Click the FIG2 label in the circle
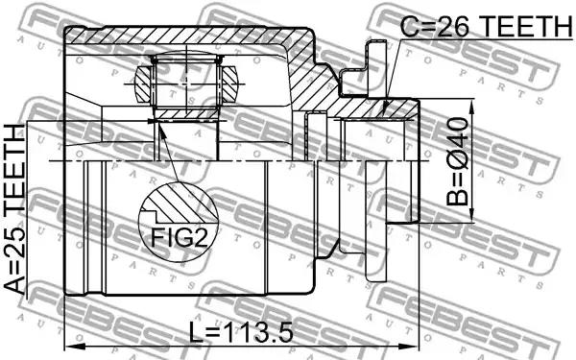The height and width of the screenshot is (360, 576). pos(180,237)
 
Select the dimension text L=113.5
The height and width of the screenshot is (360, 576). pos(241,332)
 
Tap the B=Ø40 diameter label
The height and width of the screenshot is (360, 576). pos(458,161)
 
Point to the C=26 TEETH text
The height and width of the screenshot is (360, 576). pos(487,26)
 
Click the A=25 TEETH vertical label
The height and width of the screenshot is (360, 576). pos(14,208)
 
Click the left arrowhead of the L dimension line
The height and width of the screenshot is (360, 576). pos(71,346)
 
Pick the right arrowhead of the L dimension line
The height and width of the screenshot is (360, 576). pos(413,346)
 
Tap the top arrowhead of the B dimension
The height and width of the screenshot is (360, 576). pos(472,106)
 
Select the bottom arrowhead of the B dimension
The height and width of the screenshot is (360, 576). pos(472,215)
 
